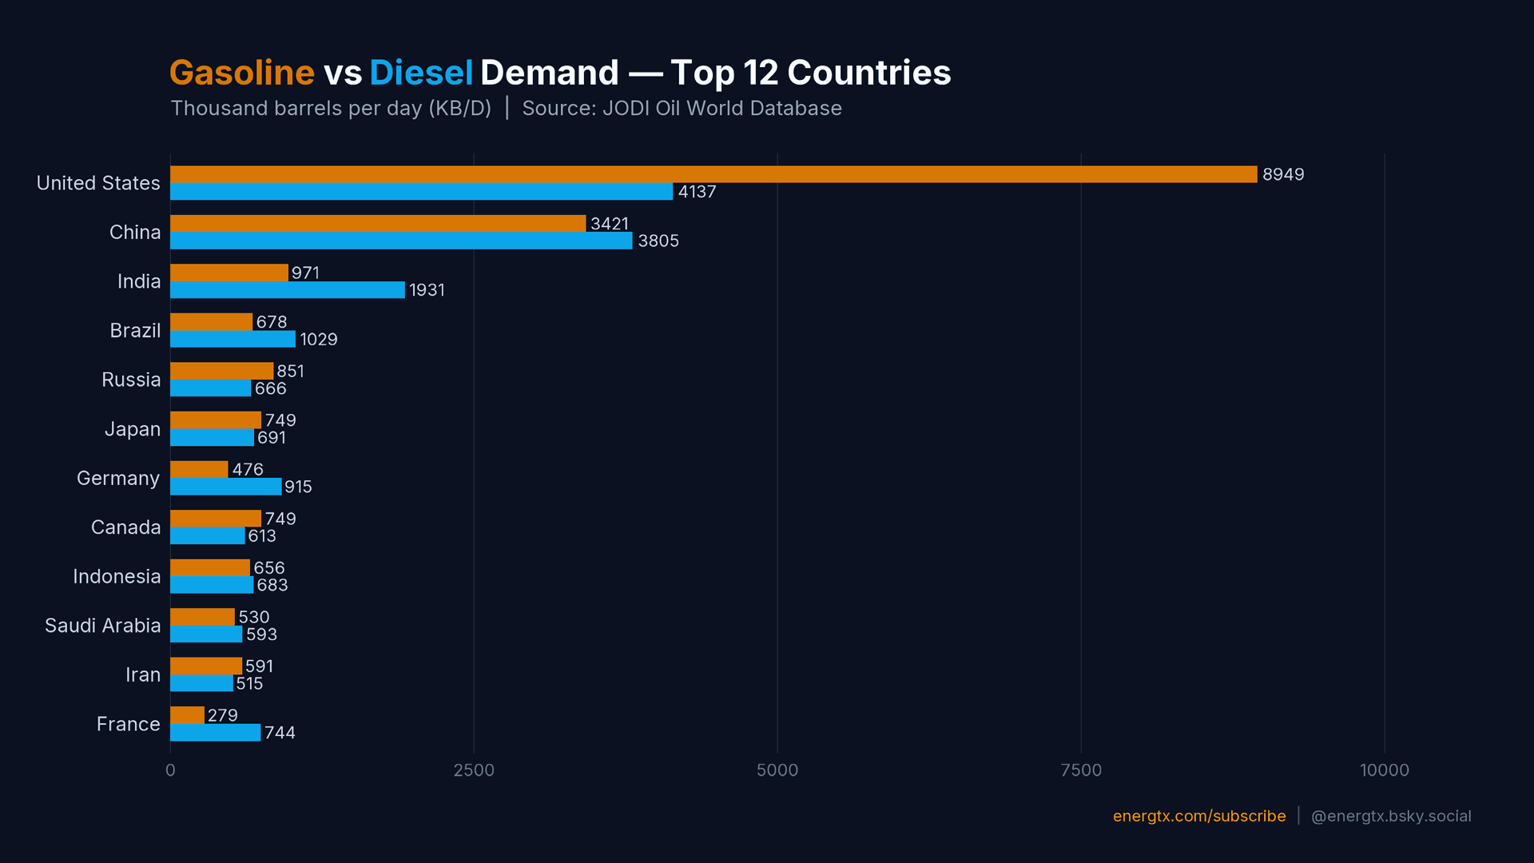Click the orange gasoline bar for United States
coord(713,174)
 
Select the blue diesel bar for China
coord(401,241)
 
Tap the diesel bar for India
coord(288,290)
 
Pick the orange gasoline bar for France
coord(187,715)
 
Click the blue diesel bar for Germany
coord(225,487)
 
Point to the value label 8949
coord(1282,174)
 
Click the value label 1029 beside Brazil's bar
coord(318,340)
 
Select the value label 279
coord(222,715)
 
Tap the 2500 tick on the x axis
coord(474,770)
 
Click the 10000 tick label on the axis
coord(1384,770)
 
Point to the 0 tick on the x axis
coord(170,770)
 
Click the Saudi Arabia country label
coord(102,626)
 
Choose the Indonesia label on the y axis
coord(117,576)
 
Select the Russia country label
coord(131,380)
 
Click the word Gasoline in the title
coord(241,73)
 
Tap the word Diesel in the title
coord(421,73)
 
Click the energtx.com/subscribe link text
coord(1198,816)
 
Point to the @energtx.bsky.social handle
coord(1390,816)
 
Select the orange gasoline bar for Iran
coord(205,666)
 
